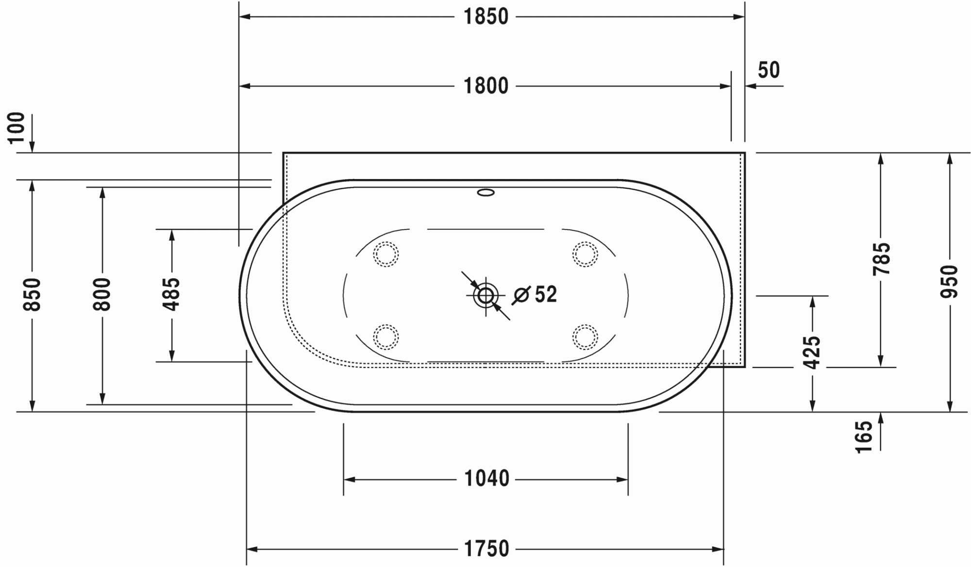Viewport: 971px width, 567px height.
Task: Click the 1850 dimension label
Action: coord(486,17)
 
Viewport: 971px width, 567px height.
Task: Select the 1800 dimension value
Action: coord(486,86)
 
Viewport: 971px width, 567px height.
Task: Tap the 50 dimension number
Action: coord(769,70)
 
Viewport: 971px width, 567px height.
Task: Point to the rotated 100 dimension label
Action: coord(17,128)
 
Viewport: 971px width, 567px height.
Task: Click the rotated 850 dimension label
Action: coord(32,294)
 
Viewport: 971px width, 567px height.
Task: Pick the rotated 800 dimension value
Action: coord(102,294)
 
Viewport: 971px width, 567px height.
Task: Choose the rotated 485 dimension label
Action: coord(171,294)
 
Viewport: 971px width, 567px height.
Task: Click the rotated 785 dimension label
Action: coord(881,259)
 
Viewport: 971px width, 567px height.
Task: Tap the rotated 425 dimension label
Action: coord(812,353)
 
